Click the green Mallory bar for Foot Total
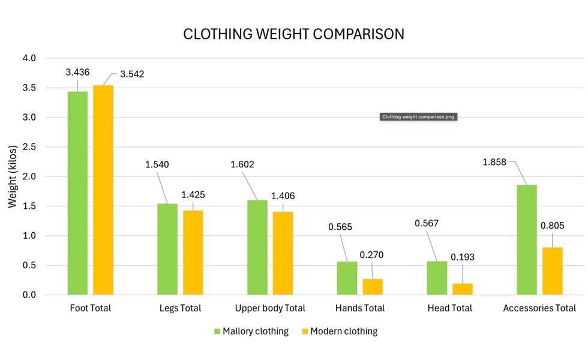pos(77,193)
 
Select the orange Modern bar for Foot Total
pos(103,190)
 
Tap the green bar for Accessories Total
pos(527,239)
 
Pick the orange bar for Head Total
pos(463,289)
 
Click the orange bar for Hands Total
pos(373,286)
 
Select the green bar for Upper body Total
pos(257,247)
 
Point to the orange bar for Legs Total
pos(193,253)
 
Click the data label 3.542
pos(132,74)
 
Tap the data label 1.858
pos(494,161)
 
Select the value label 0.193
pos(462,257)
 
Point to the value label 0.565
pos(340,227)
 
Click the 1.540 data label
pos(157,164)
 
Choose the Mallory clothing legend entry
pos(251,331)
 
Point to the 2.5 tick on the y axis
pos(29,147)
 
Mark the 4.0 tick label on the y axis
pos(29,58)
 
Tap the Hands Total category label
pos(359,308)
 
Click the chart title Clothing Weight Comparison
pos(293,34)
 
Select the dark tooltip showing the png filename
pos(419,117)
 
